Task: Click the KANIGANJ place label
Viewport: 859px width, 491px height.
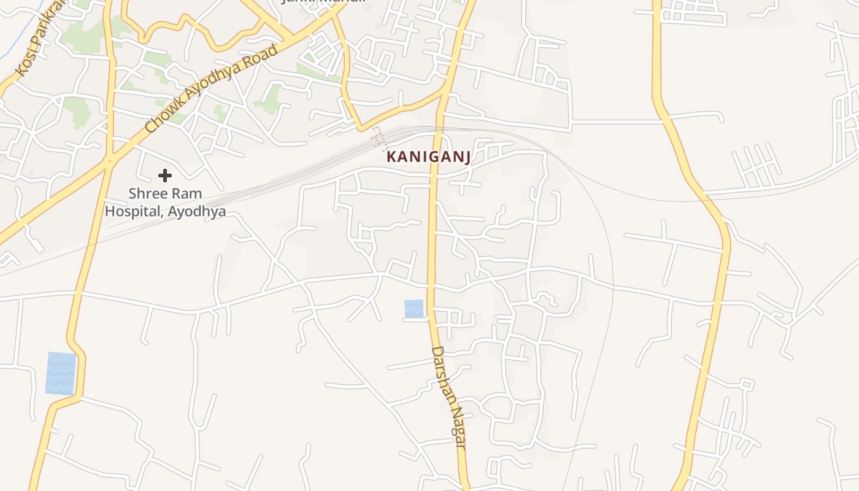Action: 428,157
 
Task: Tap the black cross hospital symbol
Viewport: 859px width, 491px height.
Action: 164,176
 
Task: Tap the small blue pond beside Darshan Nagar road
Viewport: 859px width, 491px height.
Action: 414,309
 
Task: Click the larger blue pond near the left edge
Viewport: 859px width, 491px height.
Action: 61,373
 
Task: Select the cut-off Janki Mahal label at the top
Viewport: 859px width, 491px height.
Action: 323,2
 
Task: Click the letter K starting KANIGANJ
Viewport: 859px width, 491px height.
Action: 391,157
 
